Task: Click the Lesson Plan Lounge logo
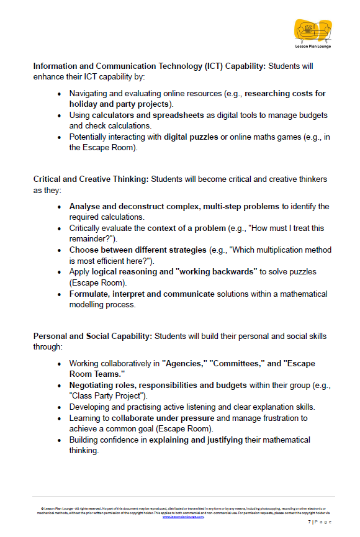point(313,33)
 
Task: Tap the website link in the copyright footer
point(183,517)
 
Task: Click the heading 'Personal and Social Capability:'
point(92,336)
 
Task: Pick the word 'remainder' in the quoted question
point(91,239)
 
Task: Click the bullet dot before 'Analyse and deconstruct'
point(60,207)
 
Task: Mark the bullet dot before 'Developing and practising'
point(60,407)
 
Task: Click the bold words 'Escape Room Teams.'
point(97,374)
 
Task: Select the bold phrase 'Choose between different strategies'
point(138,250)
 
